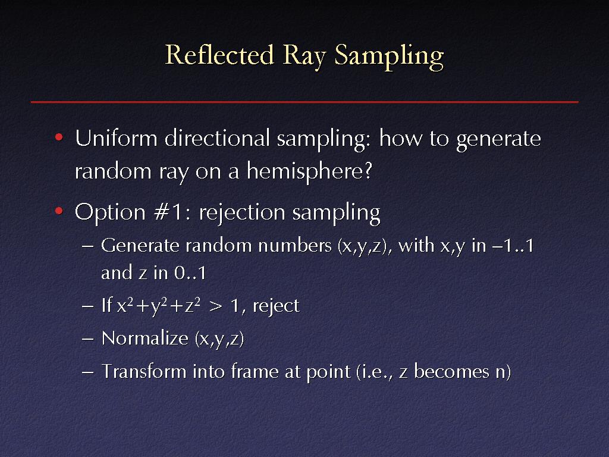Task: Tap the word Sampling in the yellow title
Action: point(389,57)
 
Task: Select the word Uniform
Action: point(116,138)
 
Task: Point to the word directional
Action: point(217,138)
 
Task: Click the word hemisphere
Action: point(309,171)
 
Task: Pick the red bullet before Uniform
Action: point(59,137)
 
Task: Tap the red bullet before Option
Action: point(59,211)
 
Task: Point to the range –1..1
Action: point(513,246)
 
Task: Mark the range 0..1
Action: point(190,273)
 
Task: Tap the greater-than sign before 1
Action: point(216,306)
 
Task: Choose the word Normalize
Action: point(145,338)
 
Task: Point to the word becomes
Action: point(452,371)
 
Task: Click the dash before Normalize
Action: point(88,339)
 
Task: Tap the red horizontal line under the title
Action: point(304,102)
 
